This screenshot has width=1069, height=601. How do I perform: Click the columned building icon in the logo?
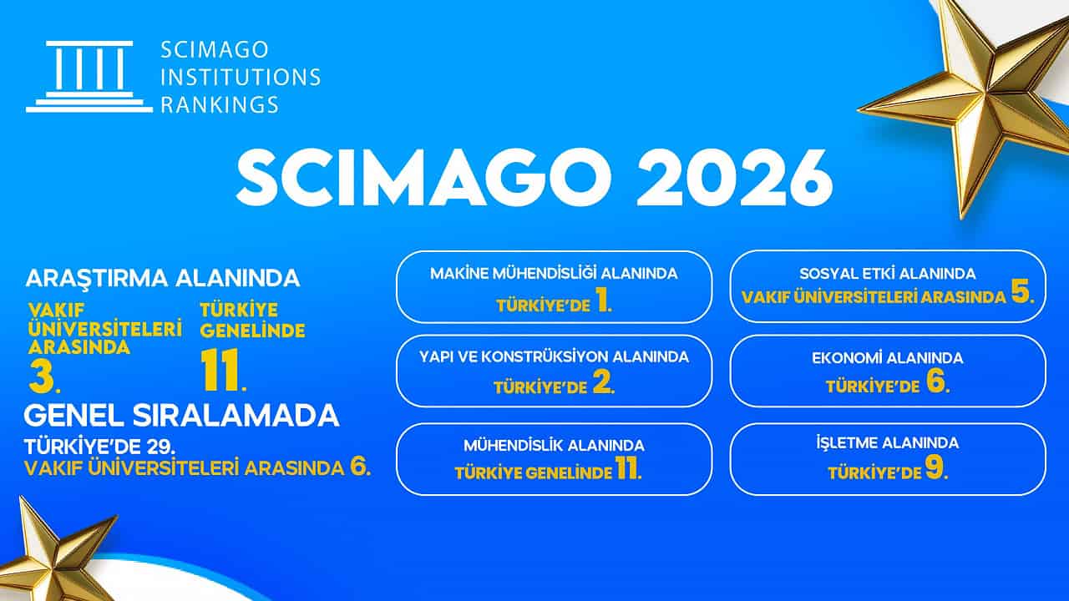pyautogui.click(x=89, y=77)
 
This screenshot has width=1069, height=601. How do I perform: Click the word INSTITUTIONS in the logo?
pyautogui.click(x=241, y=78)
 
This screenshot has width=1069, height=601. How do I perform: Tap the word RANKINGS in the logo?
pyautogui.click(x=220, y=104)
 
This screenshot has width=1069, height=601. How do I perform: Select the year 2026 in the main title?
pyautogui.click(x=736, y=178)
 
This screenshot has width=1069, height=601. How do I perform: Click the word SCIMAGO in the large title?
pyautogui.click(x=423, y=178)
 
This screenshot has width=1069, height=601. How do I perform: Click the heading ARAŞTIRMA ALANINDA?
pyautogui.click(x=163, y=278)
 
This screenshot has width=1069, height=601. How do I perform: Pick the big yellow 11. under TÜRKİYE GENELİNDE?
pyautogui.click(x=223, y=370)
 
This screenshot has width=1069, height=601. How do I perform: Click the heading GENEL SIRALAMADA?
pyautogui.click(x=181, y=416)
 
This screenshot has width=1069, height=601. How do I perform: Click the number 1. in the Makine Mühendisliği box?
pyautogui.click(x=604, y=302)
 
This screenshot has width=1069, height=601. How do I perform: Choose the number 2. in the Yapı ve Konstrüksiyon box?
pyautogui.click(x=604, y=384)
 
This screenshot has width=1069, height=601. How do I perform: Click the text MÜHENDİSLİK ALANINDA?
pyautogui.click(x=554, y=446)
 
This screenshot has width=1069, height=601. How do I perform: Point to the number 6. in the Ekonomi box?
pyautogui.click(x=938, y=382)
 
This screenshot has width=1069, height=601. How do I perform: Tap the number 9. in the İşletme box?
pyautogui.click(x=937, y=468)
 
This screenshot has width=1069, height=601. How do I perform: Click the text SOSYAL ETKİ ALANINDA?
pyautogui.click(x=888, y=274)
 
